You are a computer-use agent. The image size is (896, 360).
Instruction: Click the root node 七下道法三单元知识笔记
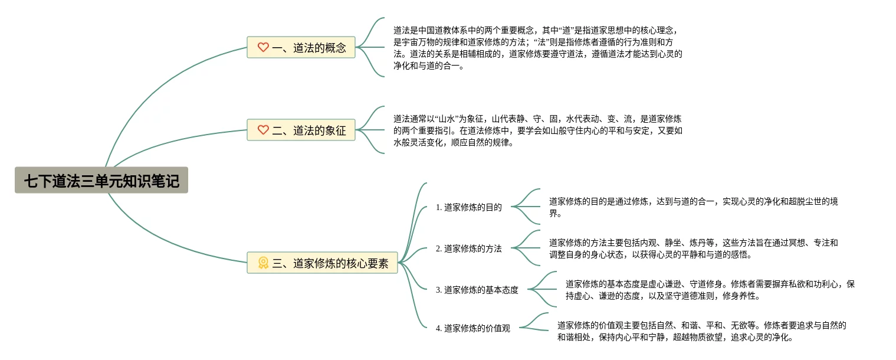(101, 180)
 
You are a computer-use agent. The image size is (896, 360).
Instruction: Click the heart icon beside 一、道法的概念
(263, 47)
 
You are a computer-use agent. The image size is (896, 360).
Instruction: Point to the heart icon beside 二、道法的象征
(263, 130)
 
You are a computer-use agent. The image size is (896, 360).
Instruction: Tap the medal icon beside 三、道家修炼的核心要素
(263, 263)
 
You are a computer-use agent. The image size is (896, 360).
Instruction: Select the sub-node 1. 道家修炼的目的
(469, 207)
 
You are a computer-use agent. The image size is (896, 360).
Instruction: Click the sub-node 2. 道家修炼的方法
(469, 248)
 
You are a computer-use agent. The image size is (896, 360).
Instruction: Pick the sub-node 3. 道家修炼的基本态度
(477, 290)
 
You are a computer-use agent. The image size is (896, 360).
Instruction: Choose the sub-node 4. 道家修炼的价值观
(473, 328)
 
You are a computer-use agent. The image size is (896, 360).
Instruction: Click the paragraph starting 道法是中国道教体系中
(537, 48)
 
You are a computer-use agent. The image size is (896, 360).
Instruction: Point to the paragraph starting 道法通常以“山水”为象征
(537, 130)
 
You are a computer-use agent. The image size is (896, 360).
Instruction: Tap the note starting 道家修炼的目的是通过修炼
(693, 207)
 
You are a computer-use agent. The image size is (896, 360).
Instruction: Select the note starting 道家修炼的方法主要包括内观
(693, 248)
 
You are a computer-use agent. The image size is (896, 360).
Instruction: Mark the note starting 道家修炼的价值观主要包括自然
(702, 332)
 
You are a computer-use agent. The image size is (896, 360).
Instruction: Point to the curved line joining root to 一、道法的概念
(147, 89)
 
